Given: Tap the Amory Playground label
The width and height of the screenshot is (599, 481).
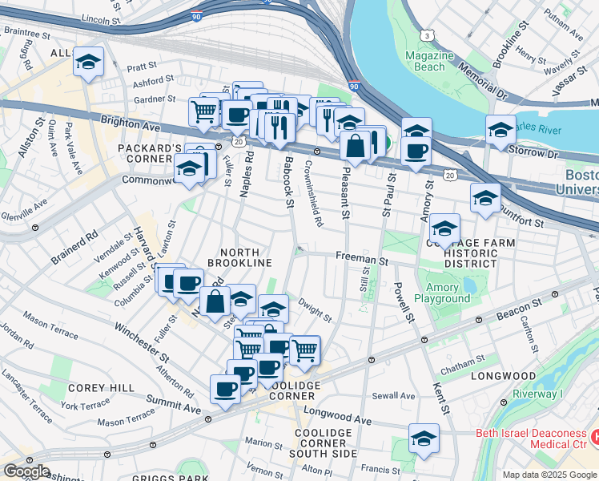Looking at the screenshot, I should point(442,293).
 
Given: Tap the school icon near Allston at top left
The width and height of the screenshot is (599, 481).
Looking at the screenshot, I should point(88,62).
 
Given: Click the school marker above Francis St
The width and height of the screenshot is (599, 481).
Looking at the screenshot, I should point(424,438).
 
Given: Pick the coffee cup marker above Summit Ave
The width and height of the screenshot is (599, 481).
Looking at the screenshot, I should point(225,389).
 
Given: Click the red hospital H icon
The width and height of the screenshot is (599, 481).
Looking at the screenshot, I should point(594,437).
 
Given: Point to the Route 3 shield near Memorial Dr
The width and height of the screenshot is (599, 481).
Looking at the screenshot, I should point(429,36).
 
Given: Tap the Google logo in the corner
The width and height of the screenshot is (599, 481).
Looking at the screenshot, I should point(26,471).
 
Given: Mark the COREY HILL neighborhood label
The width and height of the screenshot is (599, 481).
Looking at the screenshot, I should point(102,388).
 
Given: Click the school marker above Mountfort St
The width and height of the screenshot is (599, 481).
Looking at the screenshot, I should point(485,197).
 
